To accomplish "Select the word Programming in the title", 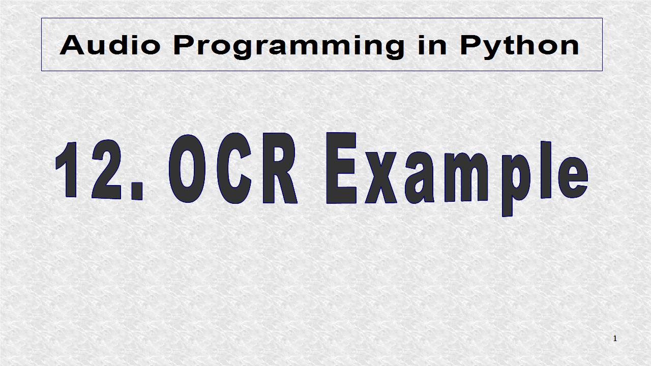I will (288, 46).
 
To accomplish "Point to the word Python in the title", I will (519, 46).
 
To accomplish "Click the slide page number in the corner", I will (615, 339).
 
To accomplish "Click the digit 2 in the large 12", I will (106, 170).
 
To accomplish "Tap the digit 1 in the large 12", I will (68, 170).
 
